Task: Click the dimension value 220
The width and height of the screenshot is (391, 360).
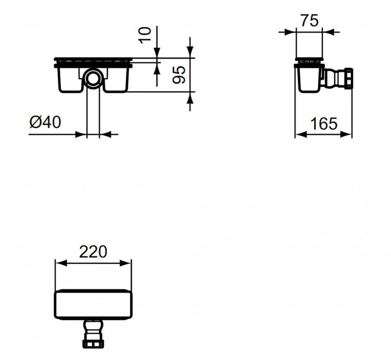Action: [x=93, y=251]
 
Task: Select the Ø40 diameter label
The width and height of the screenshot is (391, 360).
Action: [x=45, y=122]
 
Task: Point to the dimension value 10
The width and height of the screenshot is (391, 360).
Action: [x=146, y=35]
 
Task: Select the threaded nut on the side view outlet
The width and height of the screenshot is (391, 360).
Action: [x=349, y=78]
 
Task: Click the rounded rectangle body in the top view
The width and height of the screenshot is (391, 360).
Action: [x=94, y=304]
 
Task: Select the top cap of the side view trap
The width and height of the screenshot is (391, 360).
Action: [x=309, y=60]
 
